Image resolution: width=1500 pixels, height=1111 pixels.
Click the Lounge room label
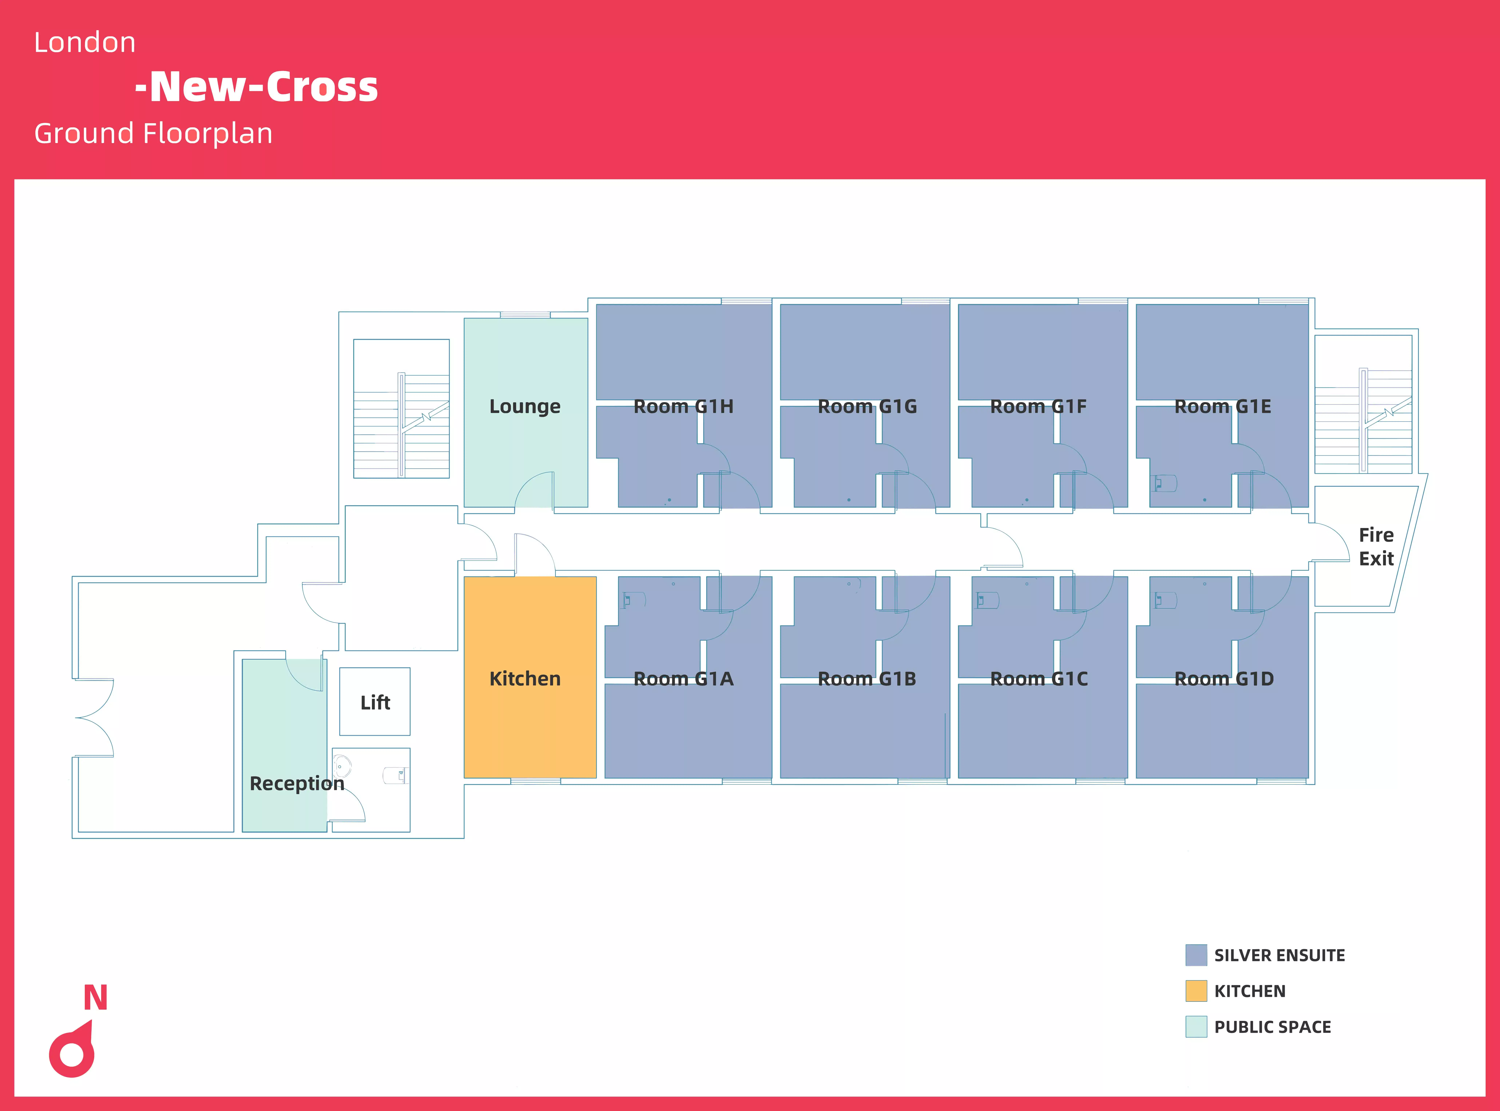tap(524, 406)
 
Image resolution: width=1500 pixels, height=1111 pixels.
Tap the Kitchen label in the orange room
tap(524, 679)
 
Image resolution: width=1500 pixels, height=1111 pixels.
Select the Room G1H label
tap(683, 406)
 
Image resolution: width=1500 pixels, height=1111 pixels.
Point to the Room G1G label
tap(867, 406)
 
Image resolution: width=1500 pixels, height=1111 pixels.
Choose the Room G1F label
tap(1038, 406)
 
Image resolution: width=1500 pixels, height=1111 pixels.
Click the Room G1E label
tap(1222, 406)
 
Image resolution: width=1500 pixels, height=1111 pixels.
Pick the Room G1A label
tap(683, 679)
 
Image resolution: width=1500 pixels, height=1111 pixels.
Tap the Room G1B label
tap(867, 679)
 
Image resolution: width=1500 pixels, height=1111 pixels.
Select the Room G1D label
tap(1224, 679)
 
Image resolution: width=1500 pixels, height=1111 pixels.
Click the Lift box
tap(374, 701)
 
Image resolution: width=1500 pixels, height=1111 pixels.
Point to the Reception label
tap(297, 784)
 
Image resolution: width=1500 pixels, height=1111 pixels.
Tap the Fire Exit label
tap(1376, 547)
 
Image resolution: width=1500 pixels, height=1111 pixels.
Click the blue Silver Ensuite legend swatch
tap(1195, 955)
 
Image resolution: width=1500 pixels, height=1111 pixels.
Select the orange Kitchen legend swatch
tap(1195, 991)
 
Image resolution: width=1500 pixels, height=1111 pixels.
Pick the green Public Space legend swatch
tap(1195, 1026)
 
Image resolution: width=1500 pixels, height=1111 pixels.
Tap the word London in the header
tap(85, 42)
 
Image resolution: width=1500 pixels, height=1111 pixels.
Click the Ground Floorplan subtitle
tap(153, 133)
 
